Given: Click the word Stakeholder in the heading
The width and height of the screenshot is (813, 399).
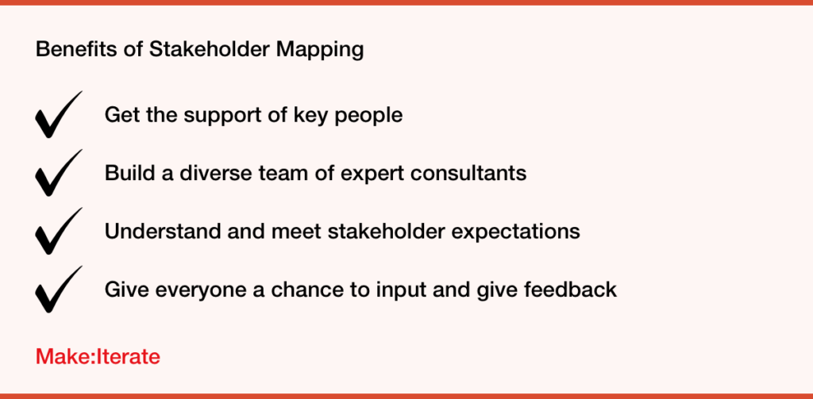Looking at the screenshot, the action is coord(210,50).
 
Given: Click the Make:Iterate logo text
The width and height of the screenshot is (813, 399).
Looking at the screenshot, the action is coord(98,356).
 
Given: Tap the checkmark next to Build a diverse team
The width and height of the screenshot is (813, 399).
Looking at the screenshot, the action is coord(57,174).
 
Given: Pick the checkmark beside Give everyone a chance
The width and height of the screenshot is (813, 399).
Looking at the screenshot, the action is coord(57,290).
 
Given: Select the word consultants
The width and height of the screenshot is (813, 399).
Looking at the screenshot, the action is coord(468,173).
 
